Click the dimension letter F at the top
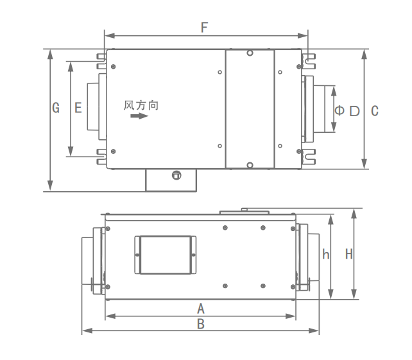coord(205,28)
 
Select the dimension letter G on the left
coord(56,108)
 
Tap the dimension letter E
coord(78,108)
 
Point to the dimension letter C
coord(375,111)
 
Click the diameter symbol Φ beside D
coord(339,110)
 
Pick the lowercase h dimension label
coord(326,254)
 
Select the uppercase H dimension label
coord(349,254)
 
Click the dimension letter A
coord(201,309)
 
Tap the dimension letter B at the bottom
coord(201,324)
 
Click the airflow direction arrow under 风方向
coord(139,116)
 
